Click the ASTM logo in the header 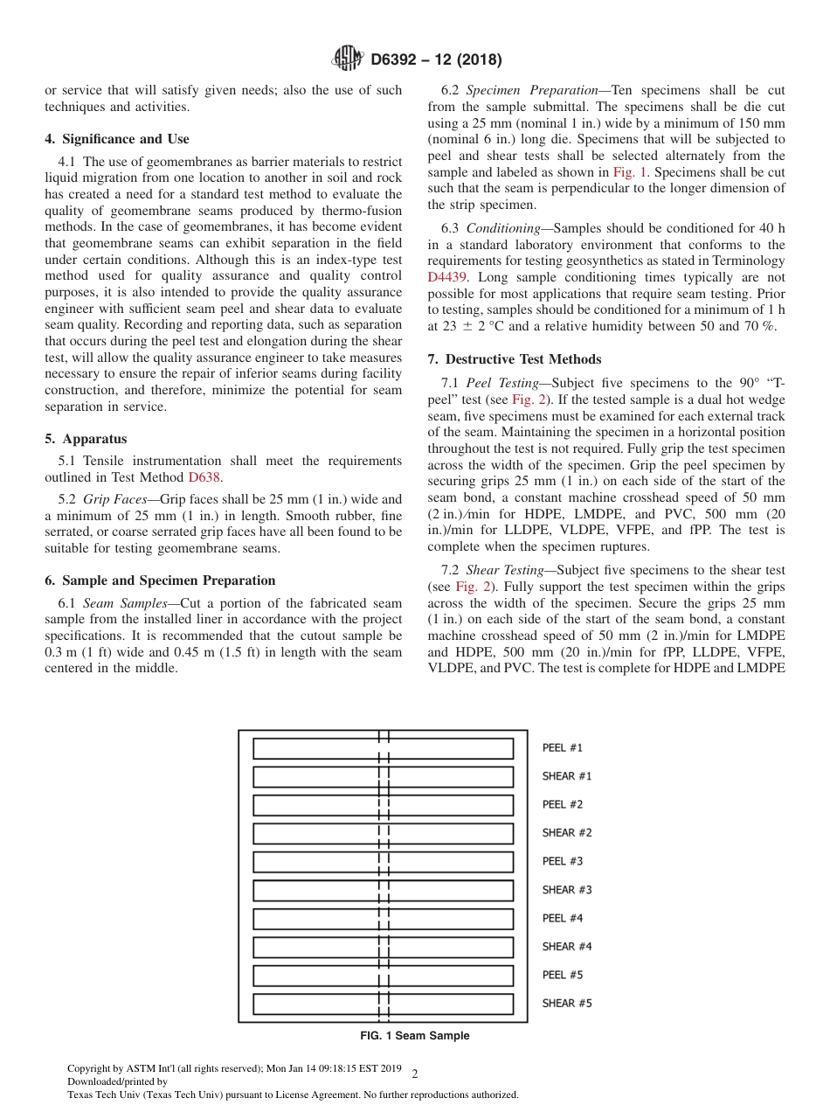tap(349, 59)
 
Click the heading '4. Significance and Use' tap(116, 139)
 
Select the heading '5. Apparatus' tap(86, 439)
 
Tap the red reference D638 tap(204, 477)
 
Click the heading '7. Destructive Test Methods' tap(514, 359)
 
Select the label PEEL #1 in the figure tap(562, 748)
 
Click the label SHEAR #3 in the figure tap(566, 890)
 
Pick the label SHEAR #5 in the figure tap(566, 1004)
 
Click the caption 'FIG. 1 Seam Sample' tap(414, 1036)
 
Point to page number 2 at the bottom tap(415, 1074)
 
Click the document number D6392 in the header tap(398, 60)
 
